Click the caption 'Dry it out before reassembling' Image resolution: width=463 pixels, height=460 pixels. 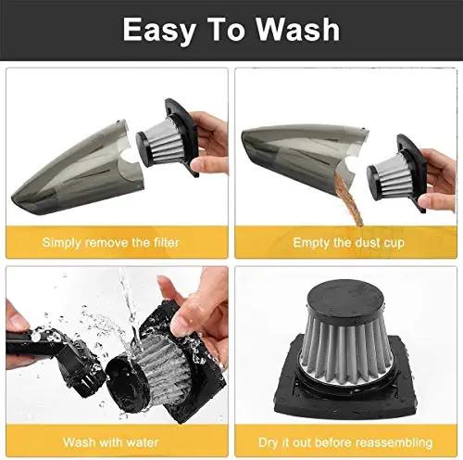[x=344, y=441]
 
